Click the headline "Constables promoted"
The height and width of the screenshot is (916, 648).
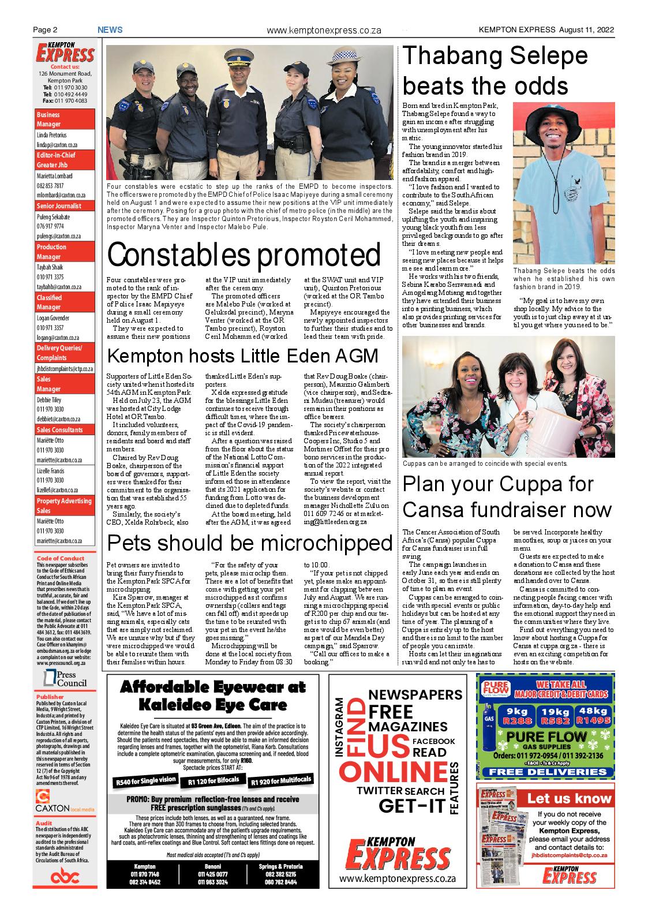(x=244, y=255)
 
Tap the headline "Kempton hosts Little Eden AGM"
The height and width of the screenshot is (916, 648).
(x=242, y=356)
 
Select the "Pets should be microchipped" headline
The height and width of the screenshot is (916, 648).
(x=250, y=543)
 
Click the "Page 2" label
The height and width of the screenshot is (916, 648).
(x=44, y=30)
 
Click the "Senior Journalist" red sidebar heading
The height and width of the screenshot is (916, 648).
(x=59, y=206)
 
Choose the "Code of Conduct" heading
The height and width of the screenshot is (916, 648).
(x=60, y=558)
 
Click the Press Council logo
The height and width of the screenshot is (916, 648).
(x=64, y=679)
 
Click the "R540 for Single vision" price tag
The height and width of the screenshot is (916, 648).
(x=146, y=781)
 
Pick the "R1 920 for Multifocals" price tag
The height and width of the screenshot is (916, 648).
(x=282, y=781)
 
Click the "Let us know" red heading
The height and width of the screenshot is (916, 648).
(x=568, y=798)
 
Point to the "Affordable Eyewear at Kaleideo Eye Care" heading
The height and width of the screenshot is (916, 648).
(x=212, y=696)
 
